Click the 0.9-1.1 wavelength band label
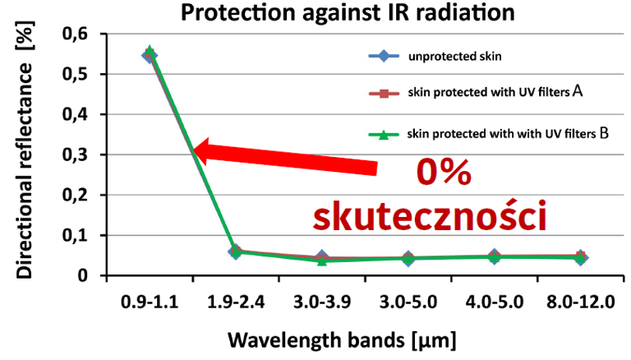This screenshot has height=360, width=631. click(150, 301)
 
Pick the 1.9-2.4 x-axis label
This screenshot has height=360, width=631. click(236, 301)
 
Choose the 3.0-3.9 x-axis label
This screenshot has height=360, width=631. click(322, 301)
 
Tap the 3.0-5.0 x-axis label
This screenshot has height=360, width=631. click(408, 301)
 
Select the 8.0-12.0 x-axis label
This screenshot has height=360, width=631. click(580, 301)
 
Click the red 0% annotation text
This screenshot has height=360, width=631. click(443, 174)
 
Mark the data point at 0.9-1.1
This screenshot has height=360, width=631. click(150, 54)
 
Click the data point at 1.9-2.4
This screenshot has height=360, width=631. click(236, 252)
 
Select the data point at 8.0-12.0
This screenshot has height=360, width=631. click(580, 257)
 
